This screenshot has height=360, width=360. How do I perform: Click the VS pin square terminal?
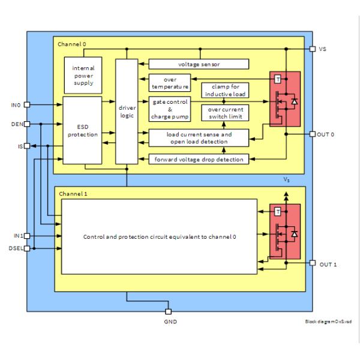(x=312, y=49)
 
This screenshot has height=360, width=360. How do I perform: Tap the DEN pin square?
(x=26, y=124)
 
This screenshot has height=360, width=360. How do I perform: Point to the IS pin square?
(x=26, y=145)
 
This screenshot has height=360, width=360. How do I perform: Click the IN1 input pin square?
(x=26, y=236)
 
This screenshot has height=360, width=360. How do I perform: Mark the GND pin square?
(x=168, y=311)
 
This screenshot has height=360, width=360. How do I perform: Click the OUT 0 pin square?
(x=312, y=134)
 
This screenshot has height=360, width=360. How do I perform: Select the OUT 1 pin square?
(x=312, y=263)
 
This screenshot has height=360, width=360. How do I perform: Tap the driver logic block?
(x=127, y=111)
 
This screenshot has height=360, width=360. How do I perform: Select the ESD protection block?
(x=83, y=130)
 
